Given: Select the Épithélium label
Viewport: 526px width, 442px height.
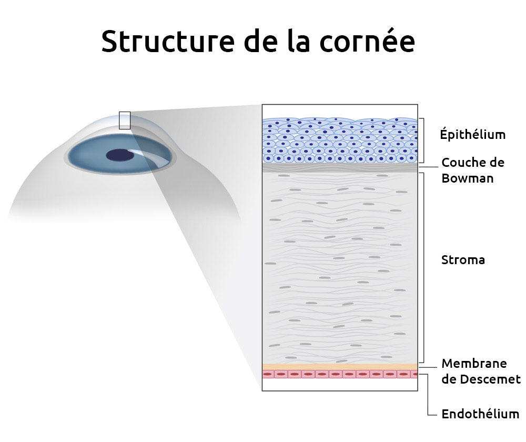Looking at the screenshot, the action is pyautogui.click(x=473, y=134).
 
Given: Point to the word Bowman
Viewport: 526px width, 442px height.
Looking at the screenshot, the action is pyautogui.click(x=467, y=178).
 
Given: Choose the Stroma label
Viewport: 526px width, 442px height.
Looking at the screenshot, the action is pyautogui.click(x=463, y=260).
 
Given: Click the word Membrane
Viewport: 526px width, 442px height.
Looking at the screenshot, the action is pyautogui.click(x=474, y=363).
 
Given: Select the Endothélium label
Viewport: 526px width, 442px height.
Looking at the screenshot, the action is pyautogui.click(x=480, y=414).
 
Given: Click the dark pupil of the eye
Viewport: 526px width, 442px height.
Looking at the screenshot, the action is pyautogui.click(x=119, y=155).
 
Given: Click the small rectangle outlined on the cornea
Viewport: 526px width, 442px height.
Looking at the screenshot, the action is pyautogui.click(x=125, y=120).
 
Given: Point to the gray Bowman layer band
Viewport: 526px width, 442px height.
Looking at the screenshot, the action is pyautogui.click(x=340, y=167).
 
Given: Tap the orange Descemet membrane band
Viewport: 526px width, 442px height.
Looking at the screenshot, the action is pyautogui.click(x=340, y=366).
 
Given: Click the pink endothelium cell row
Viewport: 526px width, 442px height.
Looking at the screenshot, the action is pyautogui.click(x=340, y=374).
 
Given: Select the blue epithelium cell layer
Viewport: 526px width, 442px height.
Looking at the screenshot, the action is pyautogui.click(x=340, y=140).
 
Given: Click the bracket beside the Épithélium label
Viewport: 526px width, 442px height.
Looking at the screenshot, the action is pyautogui.click(x=423, y=140).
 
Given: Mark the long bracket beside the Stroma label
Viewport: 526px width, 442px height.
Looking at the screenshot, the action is pyautogui.click(x=423, y=267).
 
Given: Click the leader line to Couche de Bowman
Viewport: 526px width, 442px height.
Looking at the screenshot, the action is pyautogui.click(x=428, y=167).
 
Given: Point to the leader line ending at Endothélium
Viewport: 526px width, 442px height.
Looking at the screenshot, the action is pyautogui.click(x=428, y=395).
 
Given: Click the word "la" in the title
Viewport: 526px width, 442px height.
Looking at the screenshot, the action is pyautogui.click(x=298, y=41).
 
